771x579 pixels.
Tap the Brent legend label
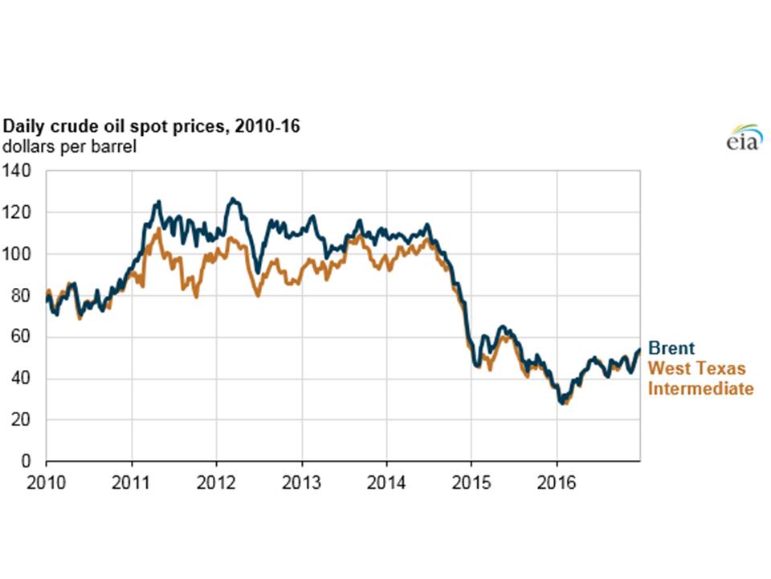click(x=671, y=349)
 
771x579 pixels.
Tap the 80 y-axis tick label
click(x=27, y=296)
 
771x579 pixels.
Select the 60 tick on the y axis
click(x=27, y=337)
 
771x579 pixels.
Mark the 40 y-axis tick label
click(x=27, y=379)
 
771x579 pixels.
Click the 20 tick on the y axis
click(x=27, y=420)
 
